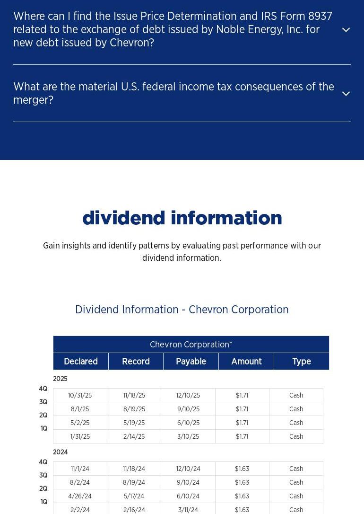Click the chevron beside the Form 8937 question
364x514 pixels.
click(346, 30)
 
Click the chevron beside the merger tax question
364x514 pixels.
click(346, 94)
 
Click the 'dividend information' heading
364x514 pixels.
click(182, 218)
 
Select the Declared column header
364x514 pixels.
click(81, 362)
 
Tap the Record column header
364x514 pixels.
click(136, 362)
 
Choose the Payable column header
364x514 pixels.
click(191, 362)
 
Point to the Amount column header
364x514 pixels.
click(246, 362)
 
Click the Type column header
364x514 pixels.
click(302, 362)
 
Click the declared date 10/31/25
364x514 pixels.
click(80, 396)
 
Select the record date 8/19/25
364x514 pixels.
click(134, 409)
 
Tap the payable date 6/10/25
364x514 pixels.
click(188, 423)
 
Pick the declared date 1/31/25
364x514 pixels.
click(80, 437)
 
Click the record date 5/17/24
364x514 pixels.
click(134, 496)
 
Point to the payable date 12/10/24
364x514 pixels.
click(188, 469)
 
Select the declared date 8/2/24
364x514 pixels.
click(80, 483)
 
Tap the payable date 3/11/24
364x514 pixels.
click(188, 510)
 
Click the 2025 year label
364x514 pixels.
click(60, 379)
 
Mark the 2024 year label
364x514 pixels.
click(60, 452)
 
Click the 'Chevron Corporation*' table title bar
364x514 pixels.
click(191, 345)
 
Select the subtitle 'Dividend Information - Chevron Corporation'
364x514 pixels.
click(182, 310)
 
